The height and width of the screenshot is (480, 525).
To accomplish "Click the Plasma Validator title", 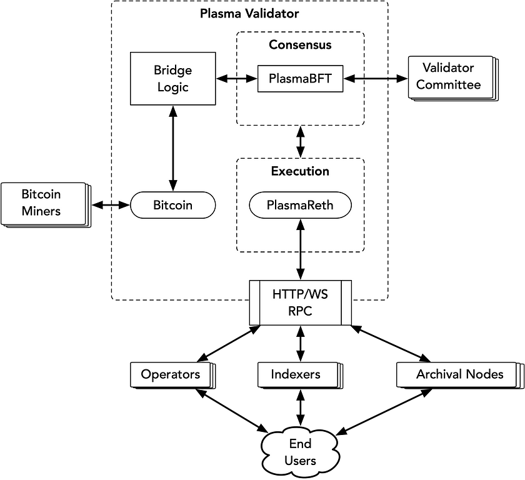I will [x=249, y=13].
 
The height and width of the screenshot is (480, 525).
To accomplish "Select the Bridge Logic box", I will [x=173, y=79].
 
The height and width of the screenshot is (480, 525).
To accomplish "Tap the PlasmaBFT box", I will [x=300, y=79].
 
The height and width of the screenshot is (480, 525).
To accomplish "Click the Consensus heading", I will [x=300, y=45].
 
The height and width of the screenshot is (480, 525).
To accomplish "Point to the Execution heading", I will [x=300, y=171].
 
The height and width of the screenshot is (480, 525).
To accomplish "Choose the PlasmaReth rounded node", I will [x=300, y=205].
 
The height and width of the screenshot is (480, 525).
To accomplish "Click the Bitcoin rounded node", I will [x=173, y=205].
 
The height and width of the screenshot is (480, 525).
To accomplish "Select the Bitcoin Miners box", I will [x=41, y=203].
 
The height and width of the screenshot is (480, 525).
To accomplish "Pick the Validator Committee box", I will [x=449, y=77].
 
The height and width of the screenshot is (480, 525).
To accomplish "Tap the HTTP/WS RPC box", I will [x=300, y=303].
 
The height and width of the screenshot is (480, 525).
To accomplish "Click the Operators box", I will [x=170, y=374].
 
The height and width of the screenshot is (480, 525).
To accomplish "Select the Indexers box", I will [x=296, y=374].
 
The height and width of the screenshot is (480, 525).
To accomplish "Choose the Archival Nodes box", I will [x=459, y=374].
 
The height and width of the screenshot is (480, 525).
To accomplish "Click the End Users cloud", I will [x=300, y=452].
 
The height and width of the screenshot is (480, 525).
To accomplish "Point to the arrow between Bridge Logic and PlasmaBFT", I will [x=237, y=79].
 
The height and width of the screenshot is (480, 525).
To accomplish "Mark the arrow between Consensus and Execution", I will [x=301, y=141].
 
